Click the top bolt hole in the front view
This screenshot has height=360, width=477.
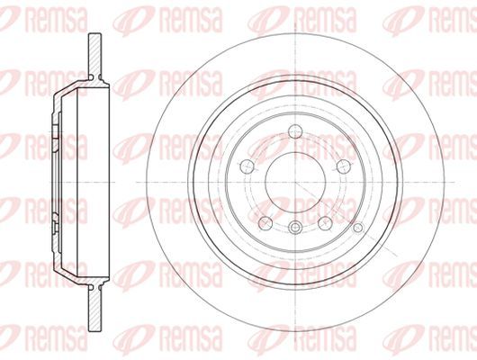click(x=295, y=131)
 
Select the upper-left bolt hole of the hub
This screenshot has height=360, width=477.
click(x=247, y=166)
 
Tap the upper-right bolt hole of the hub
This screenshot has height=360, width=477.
click(x=344, y=166)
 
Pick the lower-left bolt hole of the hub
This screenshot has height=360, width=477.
click(x=265, y=223)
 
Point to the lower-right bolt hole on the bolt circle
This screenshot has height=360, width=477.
click(x=325, y=223)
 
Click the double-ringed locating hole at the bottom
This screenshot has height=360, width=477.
click(x=295, y=227)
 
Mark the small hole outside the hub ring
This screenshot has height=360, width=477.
click(x=359, y=228)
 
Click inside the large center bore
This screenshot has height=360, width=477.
click(x=295, y=182)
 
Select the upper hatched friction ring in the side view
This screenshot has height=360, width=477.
click(x=94, y=54)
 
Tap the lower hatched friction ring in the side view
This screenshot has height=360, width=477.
click(x=94, y=310)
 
